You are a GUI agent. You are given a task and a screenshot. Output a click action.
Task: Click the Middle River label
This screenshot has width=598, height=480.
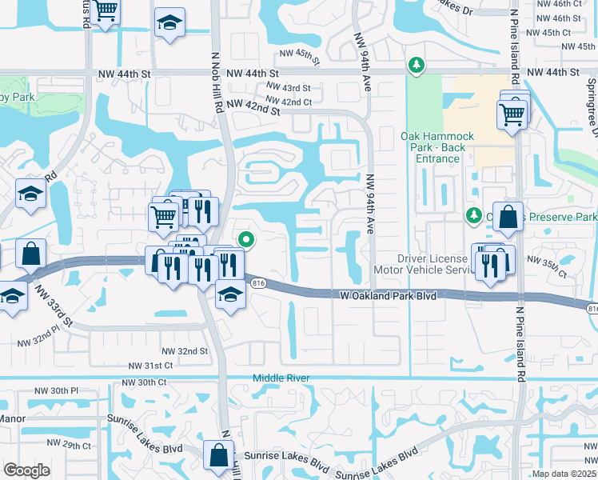pos(280,378)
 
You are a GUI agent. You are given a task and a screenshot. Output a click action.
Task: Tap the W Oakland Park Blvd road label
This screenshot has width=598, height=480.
pos(389,296)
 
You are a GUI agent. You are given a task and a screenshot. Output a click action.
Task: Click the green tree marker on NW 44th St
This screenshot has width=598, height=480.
pos(415,64)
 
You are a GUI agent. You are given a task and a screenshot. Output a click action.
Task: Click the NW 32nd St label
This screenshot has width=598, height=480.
pos(185,351)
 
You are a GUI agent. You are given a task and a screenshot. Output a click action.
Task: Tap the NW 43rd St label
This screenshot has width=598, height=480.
pos(289,87)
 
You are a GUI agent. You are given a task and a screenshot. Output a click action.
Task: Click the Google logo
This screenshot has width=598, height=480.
pos(26,470)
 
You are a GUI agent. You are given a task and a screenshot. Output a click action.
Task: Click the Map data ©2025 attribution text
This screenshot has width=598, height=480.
pos(564,474)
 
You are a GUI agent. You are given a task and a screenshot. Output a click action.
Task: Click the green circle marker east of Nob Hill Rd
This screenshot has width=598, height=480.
pos(247,238)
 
